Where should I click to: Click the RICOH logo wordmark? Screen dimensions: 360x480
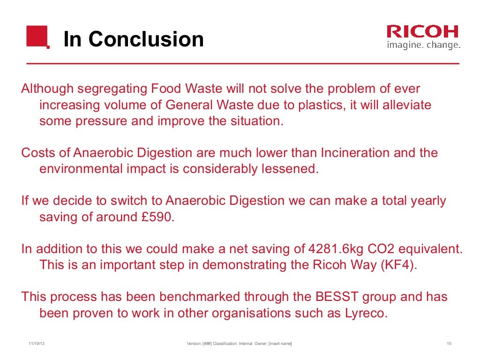(422, 32)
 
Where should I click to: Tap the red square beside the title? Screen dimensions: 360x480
(38, 37)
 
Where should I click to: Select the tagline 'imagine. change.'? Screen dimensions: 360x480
(423, 45)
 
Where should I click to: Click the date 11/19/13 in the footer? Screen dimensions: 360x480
(37, 345)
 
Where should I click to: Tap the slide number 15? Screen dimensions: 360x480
(449, 345)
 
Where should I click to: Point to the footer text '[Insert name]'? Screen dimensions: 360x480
(280, 345)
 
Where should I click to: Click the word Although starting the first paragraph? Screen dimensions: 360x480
(47, 89)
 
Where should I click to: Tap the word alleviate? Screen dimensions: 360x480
(406, 105)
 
